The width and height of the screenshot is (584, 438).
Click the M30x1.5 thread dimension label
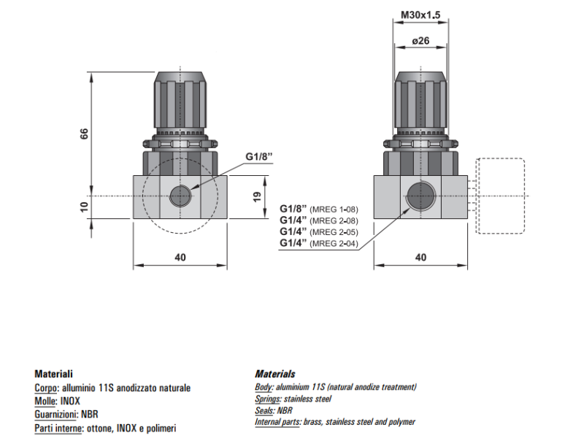(x=420, y=14)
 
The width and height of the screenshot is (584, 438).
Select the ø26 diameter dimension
(x=420, y=41)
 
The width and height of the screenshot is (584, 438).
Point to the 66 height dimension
(x=84, y=134)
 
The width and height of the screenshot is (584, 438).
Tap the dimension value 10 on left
(x=84, y=207)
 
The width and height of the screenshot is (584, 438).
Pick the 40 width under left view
(x=180, y=257)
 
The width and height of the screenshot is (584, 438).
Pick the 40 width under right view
(x=420, y=257)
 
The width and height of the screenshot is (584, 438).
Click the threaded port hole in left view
(x=180, y=196)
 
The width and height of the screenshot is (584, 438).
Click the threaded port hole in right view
(x=420, y=196)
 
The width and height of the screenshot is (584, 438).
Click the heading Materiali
(x=54, y=374)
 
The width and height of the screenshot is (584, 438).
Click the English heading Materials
(x=275, y=374)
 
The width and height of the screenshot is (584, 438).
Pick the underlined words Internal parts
(x=277, y=423)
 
